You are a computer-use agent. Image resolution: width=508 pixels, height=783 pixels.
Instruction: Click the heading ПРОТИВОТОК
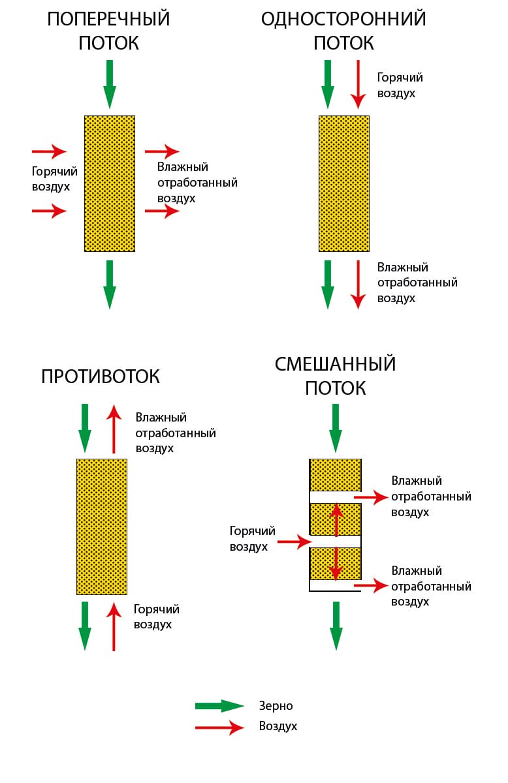point(101,377)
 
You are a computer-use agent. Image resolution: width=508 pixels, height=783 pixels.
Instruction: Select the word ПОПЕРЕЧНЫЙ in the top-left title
point(108,20)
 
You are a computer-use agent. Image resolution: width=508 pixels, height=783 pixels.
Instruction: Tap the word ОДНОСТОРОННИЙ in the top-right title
point(343,20)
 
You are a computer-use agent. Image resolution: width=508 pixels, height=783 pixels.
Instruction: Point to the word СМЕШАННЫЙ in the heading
point(336,363)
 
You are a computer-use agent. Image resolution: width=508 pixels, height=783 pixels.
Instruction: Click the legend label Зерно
point(276,706)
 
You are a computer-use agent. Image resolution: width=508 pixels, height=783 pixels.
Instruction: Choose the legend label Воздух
point(278,726)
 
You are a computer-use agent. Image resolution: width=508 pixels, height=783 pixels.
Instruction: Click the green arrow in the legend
point(219,706)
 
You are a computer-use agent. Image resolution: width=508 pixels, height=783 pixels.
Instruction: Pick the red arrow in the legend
point(219,727)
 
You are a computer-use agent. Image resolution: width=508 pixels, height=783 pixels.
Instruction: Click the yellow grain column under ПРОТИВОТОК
point(102,527)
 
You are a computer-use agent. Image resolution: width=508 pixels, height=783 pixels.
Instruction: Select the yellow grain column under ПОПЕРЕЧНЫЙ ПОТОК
point(110,183)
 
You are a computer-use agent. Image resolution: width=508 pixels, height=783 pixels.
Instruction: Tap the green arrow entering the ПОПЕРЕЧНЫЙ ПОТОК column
point(110,84)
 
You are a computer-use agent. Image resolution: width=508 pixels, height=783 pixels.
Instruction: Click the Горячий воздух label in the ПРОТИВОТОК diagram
point(157,617)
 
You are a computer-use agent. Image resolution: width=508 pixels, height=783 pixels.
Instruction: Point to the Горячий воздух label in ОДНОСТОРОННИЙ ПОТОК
point(400,85)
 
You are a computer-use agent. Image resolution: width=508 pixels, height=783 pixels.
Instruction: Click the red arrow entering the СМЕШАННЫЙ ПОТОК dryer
point(292,542)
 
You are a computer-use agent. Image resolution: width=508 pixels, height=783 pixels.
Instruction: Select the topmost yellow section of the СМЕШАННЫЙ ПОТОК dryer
point(336,475)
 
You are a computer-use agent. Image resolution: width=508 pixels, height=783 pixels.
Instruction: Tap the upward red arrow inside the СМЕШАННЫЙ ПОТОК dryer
point(336,519)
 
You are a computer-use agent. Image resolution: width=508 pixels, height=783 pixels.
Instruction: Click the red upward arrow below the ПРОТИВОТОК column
point(114,626)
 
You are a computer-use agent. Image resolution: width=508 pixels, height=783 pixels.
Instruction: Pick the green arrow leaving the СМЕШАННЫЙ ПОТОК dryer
point(336,625)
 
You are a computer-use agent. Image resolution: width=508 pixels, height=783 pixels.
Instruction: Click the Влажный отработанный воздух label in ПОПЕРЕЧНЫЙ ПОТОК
point(197,183)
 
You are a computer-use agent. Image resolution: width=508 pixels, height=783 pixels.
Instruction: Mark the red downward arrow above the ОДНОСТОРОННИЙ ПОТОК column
point(357,84)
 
